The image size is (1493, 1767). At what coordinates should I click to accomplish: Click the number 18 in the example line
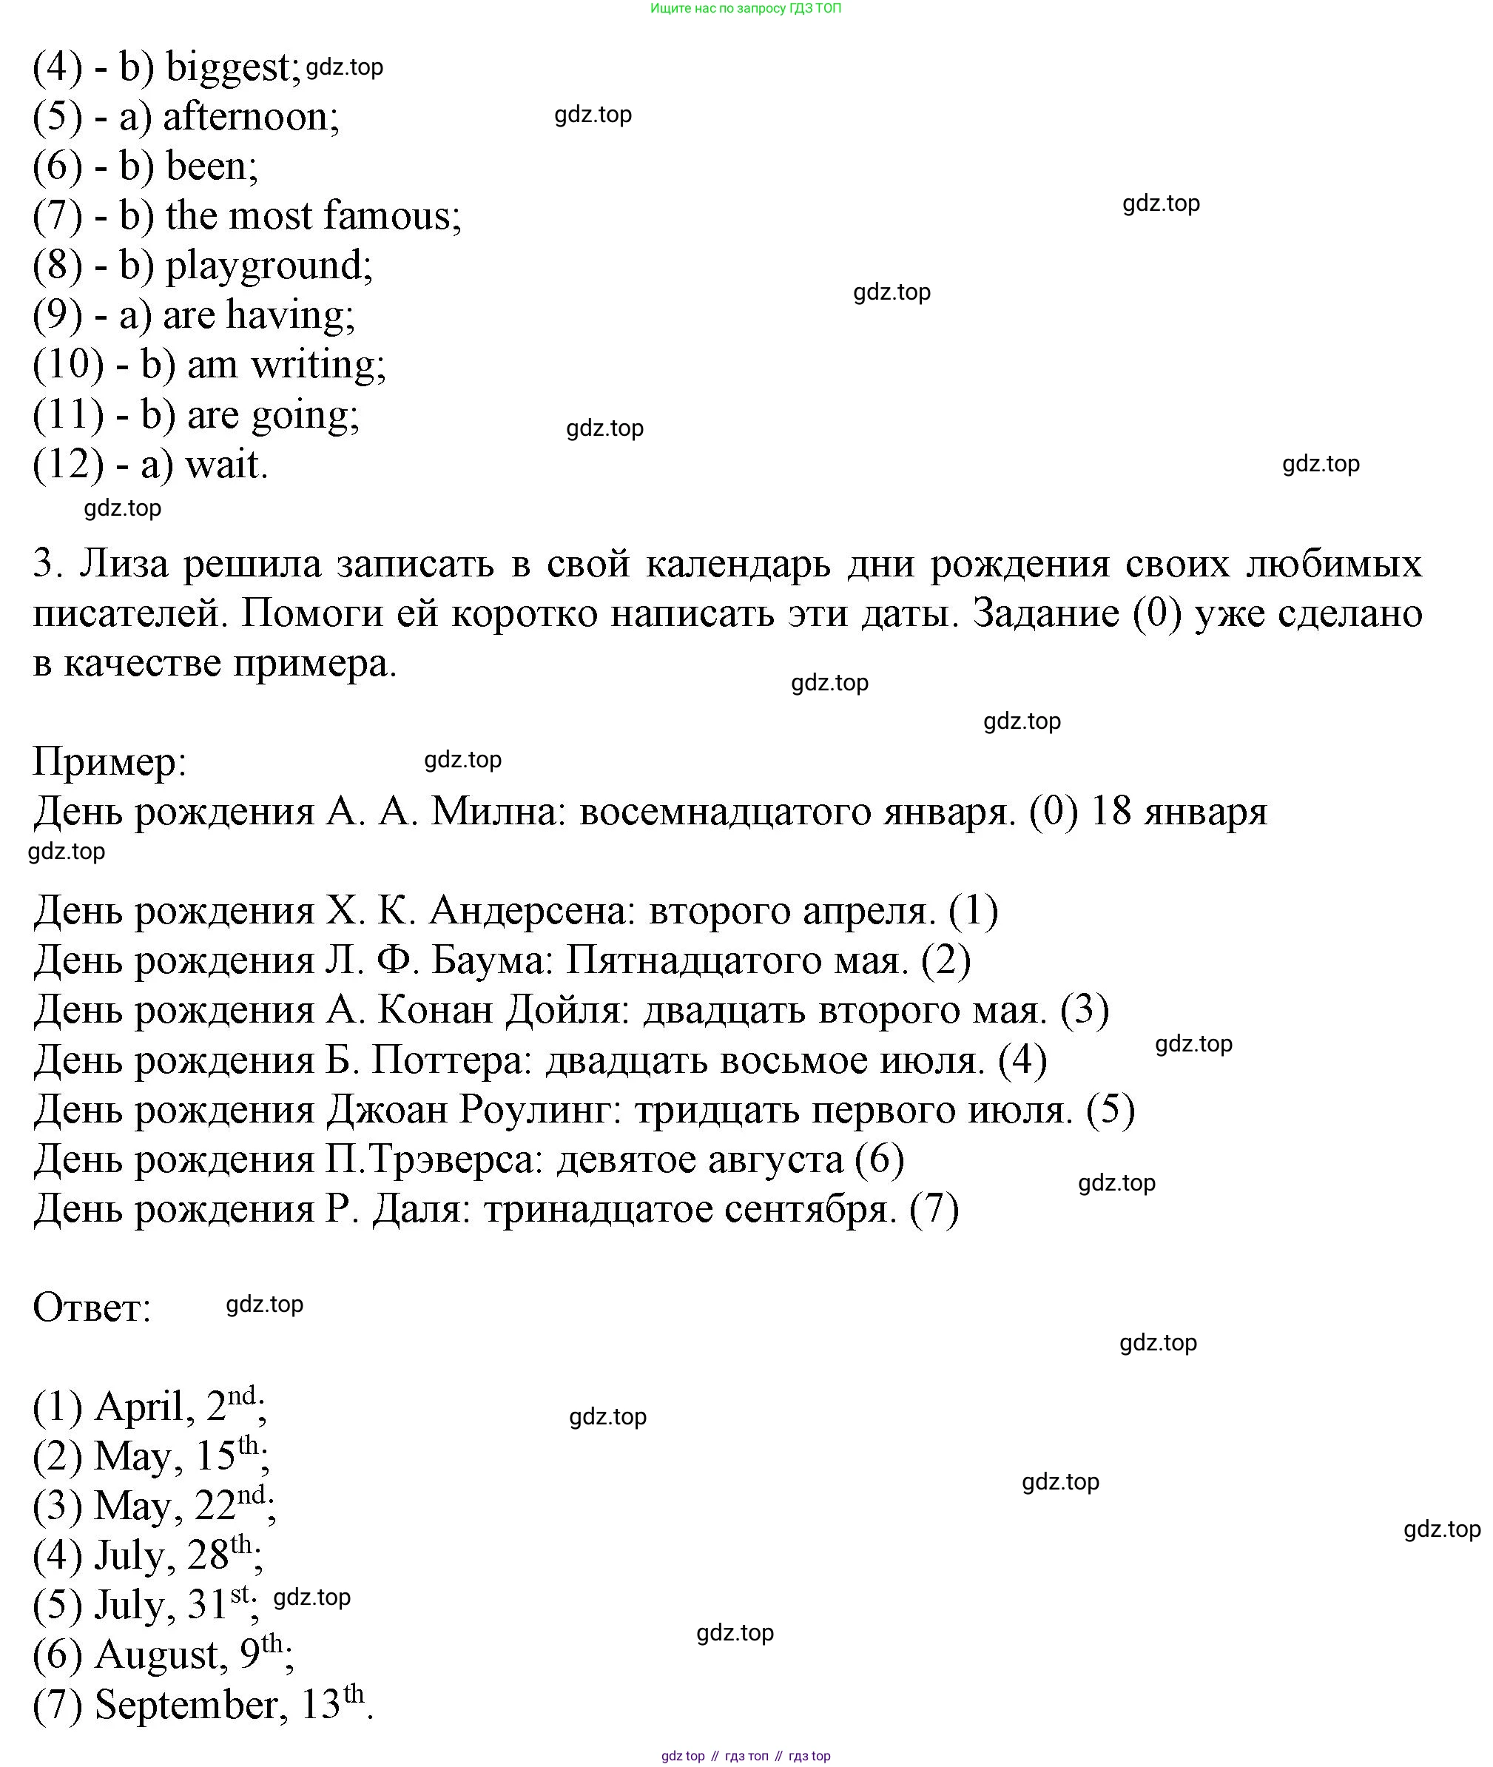coord(1111,812)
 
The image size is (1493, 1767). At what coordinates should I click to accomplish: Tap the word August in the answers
coord(160,1656)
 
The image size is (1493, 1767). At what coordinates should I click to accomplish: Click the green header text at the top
coord(746,8)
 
